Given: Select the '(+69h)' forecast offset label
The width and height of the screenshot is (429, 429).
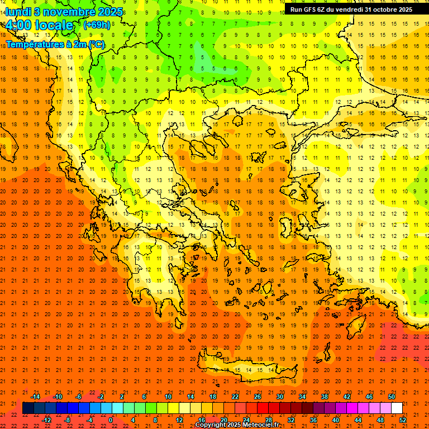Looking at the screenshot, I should click(96, 25).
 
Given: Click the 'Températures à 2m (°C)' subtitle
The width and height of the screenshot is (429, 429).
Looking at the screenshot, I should click(55, 44).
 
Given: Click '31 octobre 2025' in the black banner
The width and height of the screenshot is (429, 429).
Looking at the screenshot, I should click(389, 9).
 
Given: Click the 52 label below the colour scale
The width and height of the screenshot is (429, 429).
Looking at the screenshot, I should click(403, 420).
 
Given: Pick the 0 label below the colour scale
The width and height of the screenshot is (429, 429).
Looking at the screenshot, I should click(111, 420).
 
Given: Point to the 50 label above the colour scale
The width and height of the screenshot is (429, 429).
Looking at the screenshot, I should click(392, 397).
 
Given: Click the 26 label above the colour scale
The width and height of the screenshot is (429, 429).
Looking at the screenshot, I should click(258, 397).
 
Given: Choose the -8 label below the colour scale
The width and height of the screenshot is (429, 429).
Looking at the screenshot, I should click(67, 420).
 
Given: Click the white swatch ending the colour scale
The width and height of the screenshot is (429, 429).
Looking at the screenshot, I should click(397, 408).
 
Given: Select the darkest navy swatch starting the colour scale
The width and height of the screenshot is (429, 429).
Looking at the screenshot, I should click(28, 408).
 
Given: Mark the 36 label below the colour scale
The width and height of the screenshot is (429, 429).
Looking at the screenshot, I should click(313, 420).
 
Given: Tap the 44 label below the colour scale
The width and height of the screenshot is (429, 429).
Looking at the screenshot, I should click(358, 420).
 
